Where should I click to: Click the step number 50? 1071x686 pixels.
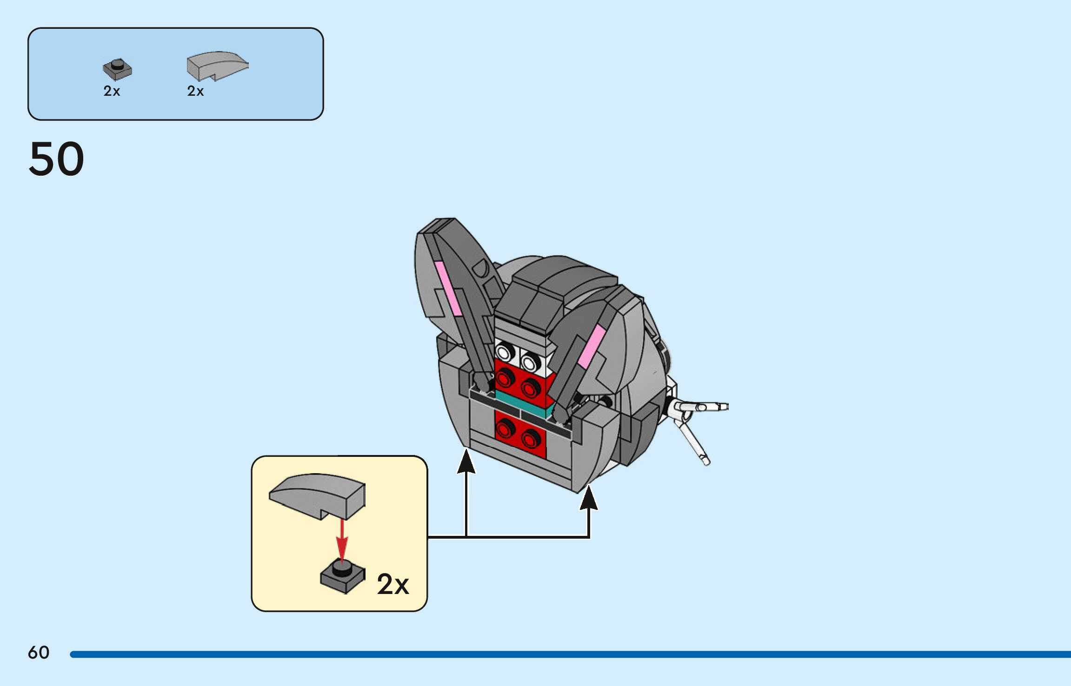click(56, 159)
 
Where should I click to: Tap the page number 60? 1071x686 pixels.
click(39, 653)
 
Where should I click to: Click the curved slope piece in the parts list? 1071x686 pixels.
click(217, 66)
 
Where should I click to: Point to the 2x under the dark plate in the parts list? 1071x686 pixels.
click(112, 91)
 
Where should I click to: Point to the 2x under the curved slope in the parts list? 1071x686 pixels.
click(195, 91)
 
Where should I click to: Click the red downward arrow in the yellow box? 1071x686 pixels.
click(342, 539)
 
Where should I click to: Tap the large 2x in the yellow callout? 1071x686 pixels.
click(393, 584)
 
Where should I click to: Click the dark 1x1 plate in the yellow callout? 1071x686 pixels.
click(343, 577)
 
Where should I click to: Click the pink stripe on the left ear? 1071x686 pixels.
click(448, 288)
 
